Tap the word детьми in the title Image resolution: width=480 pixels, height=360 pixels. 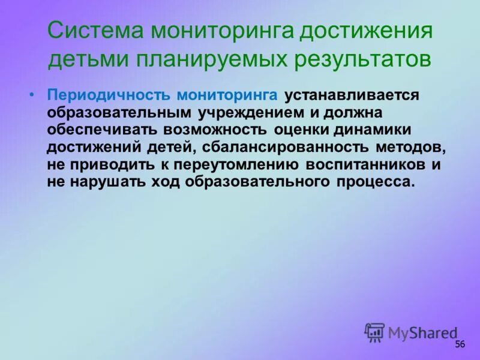(87, 59)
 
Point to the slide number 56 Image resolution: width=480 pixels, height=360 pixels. (460, 344)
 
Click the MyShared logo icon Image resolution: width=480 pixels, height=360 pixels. (375, 332)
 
